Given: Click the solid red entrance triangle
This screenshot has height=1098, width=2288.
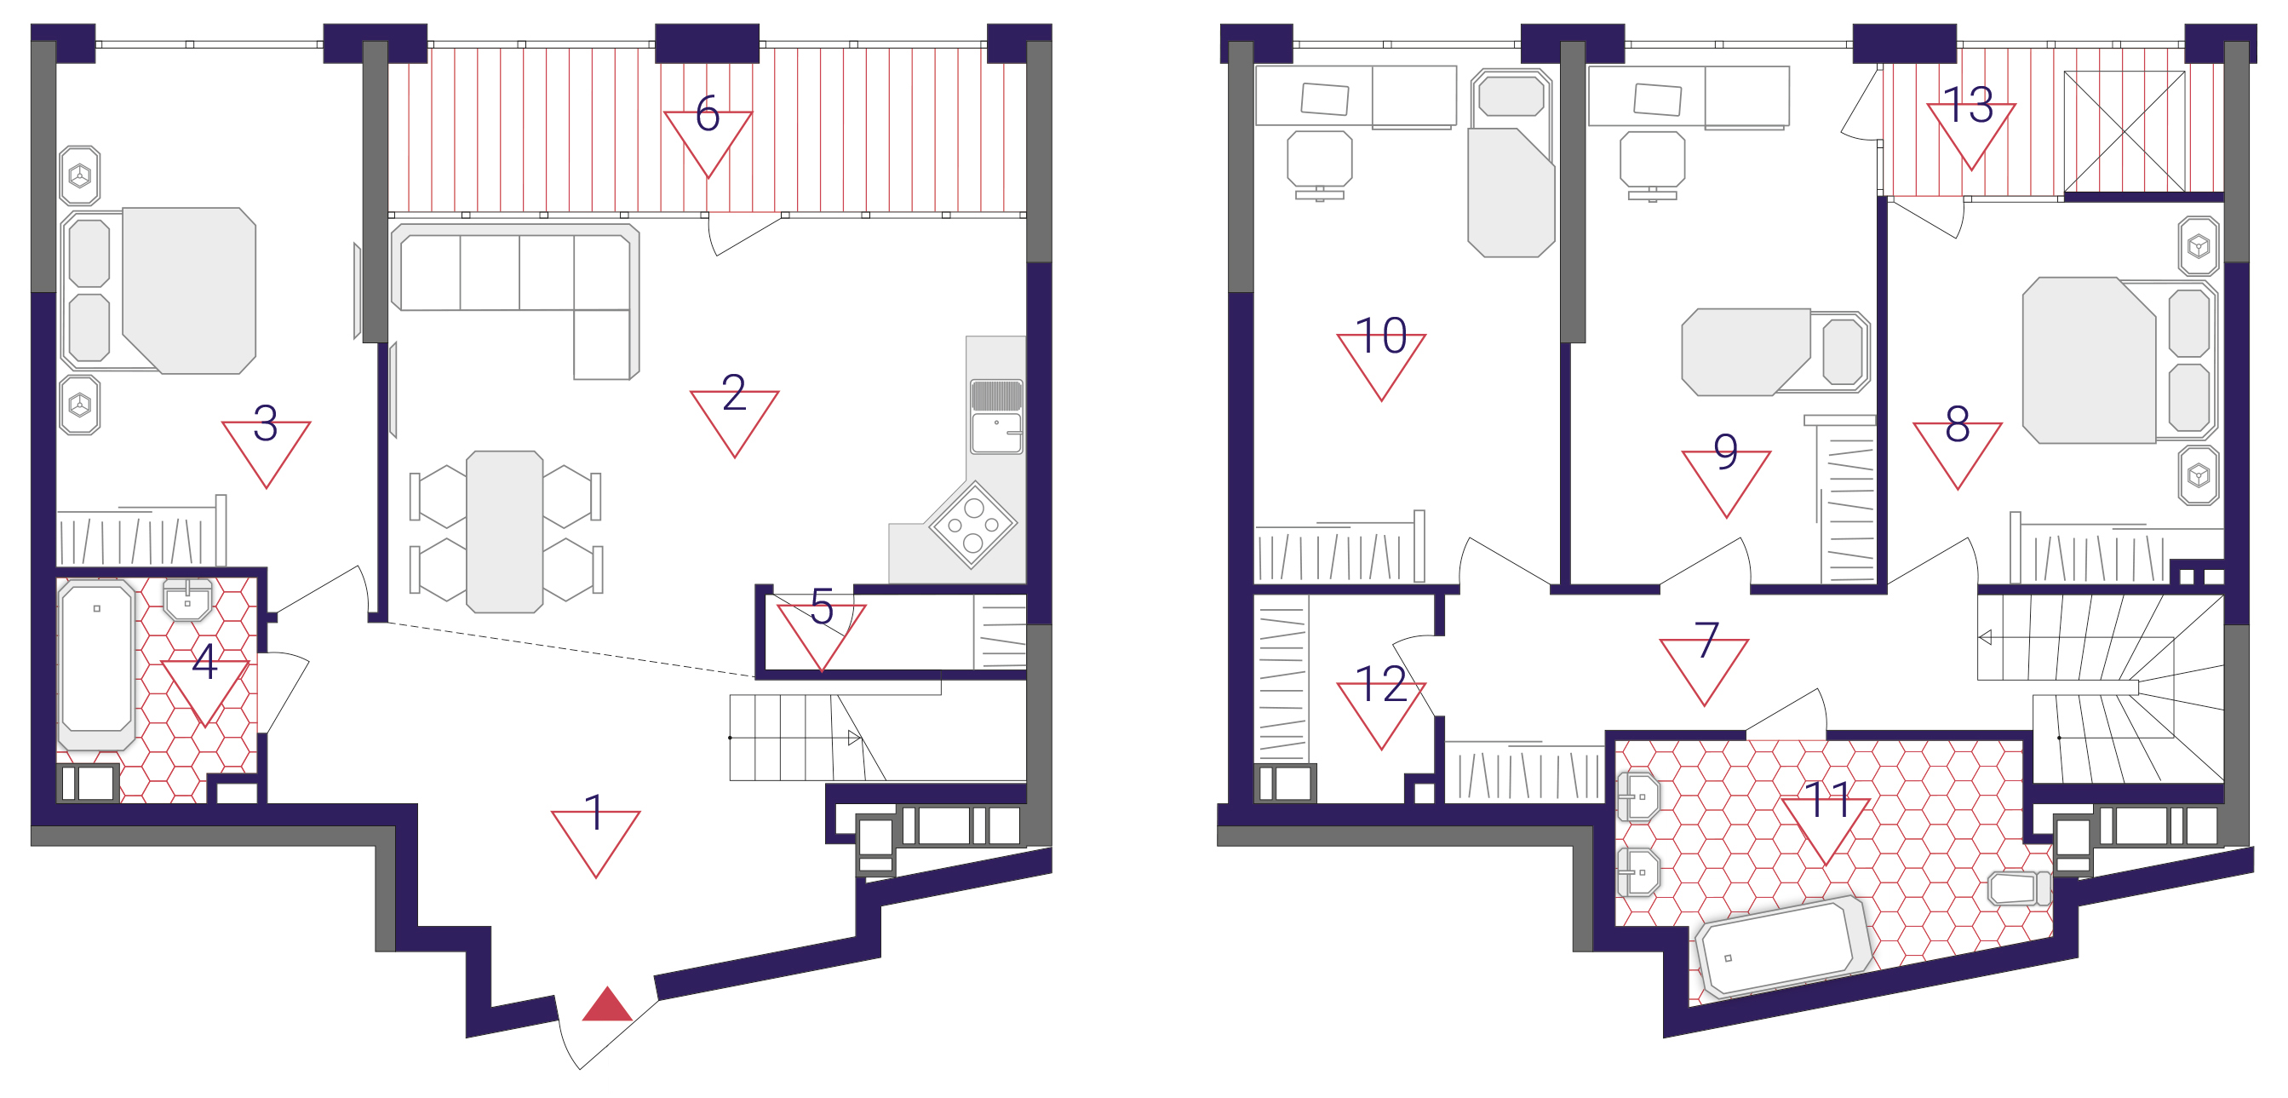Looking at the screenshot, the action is coord(607,1004).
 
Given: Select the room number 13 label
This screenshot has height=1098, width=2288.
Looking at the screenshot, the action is coord(1968,106).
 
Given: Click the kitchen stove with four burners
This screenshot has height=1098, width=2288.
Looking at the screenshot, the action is coord(972,524).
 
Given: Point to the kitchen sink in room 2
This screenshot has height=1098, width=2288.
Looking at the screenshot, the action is coord(996,418).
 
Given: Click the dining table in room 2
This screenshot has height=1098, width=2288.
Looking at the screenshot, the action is coord(504,532).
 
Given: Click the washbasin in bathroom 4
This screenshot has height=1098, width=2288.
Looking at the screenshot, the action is coord(187,600).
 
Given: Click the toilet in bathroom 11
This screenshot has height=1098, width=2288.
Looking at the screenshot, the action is coord(2019,888).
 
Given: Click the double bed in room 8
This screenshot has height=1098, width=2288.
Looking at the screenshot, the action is coord(2119,359).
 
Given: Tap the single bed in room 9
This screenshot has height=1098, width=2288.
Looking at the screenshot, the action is coord(1775,352).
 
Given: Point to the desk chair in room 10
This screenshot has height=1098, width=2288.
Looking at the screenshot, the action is coord(1320,164).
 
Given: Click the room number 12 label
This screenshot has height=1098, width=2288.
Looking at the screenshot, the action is coord(1381,685).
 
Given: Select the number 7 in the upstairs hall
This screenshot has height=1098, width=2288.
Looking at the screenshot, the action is coord(1706,640).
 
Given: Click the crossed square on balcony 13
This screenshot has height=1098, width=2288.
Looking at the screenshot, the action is coord(2124,131).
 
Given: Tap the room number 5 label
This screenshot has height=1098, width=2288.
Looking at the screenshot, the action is coord(822,607).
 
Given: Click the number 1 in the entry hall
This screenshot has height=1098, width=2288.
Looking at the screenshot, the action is coord(594,813).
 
